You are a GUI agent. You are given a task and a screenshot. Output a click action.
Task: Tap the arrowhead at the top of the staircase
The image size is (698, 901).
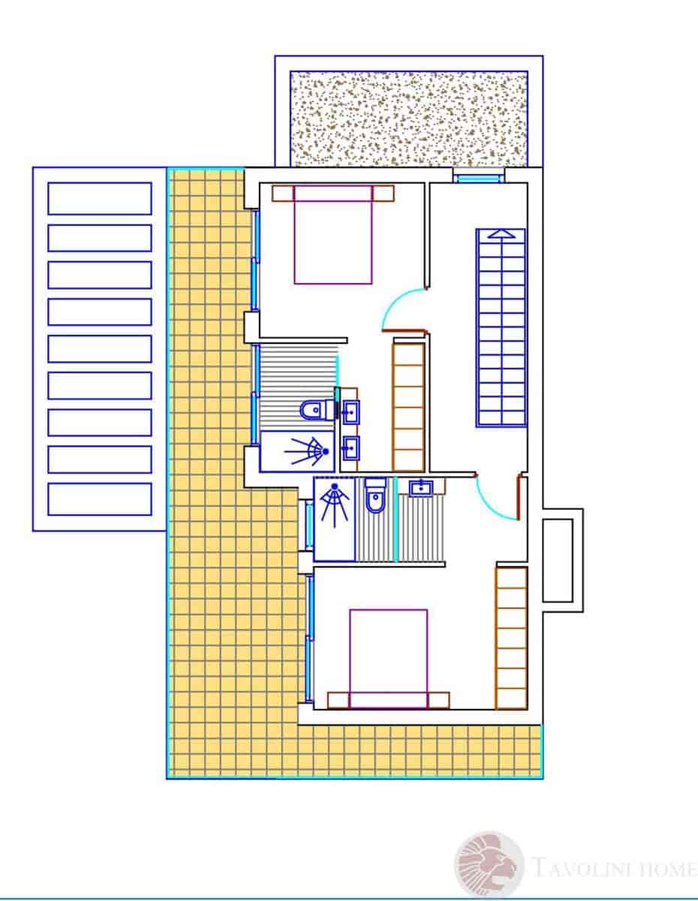coord(501,234)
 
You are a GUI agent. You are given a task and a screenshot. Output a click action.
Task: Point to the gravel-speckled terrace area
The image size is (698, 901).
coord(408,118)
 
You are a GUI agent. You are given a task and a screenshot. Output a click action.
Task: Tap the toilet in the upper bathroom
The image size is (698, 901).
coord(311,411)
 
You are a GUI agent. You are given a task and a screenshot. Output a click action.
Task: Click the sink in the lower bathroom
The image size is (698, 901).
coord(421,489)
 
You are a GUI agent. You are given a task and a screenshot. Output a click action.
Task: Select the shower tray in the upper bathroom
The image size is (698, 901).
coord(298,451)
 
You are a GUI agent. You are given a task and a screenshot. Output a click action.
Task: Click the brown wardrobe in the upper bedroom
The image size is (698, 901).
coord(409,406)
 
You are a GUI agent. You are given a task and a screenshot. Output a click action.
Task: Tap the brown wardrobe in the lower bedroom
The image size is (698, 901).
coord(511,637)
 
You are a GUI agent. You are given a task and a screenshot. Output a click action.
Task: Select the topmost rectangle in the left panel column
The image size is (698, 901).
coord(100,199)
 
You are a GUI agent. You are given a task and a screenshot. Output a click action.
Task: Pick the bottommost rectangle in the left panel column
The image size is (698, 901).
coord(100,499)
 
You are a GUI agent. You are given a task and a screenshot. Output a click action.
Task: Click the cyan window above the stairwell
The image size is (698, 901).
coord(479,178)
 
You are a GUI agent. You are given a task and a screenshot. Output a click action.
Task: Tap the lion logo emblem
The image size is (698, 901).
coord(490,865)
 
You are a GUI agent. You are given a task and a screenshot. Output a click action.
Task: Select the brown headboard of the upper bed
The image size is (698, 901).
coord(332,194)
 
